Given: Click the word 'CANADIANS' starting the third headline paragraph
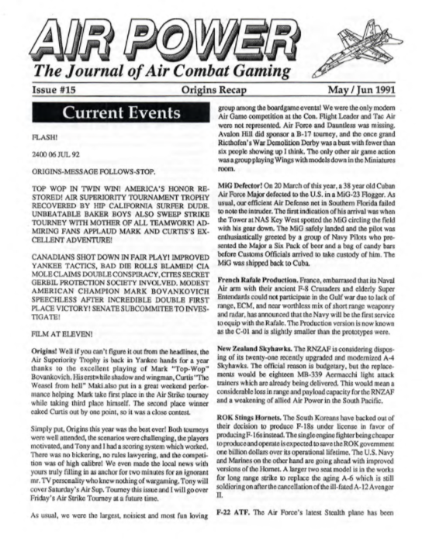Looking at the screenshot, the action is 33,271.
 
